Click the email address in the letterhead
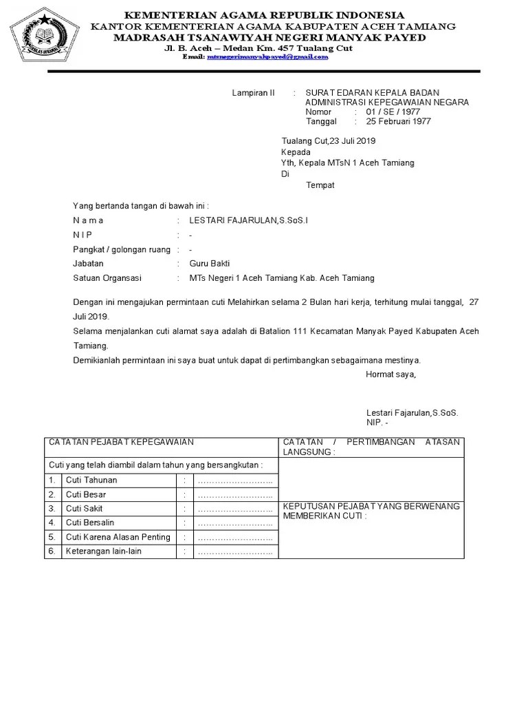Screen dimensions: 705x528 click(x=267, y=57)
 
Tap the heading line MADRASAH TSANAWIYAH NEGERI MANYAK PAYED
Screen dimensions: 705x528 click(x=269, y=37)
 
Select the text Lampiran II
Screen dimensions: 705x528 click(x=253, y=93)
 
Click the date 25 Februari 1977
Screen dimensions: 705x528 click(x=398, y=121)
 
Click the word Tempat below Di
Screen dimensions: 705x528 click(x=320, y=185)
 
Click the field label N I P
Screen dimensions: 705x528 click(x=82, y=235)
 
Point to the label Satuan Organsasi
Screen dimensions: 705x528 click(x=107, y=278)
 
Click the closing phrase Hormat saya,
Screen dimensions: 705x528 click(x=390, y=375)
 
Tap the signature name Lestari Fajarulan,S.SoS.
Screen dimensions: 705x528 click(x=412, y=412)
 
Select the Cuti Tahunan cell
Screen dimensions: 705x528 click(x=91, y=480)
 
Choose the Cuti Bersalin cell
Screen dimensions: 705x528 click(x=91, y=523)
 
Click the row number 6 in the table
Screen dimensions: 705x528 click(x=51, y=551)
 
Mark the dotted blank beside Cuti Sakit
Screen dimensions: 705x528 click(x=235, y=509)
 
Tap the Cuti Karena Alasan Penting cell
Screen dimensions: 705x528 click(x=118, y=537)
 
